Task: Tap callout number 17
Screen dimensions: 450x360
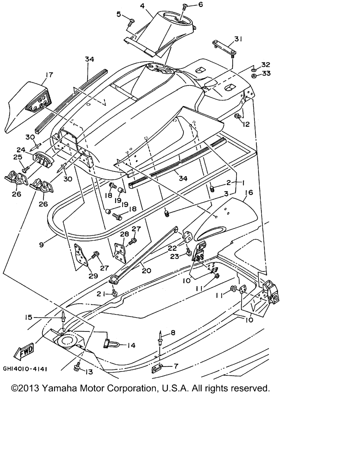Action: [x=49, y=75]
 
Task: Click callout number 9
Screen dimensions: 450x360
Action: [x=41, y=244]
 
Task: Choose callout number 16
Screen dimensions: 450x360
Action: [x=249, y=193]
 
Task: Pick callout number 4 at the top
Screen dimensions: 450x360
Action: [x=142, y=6]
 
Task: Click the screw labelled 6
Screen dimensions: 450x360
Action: [x=185, y=6]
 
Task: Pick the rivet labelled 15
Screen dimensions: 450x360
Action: [x=63, y=317]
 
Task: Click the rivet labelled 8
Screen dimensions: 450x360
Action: [x=161, y=337]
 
